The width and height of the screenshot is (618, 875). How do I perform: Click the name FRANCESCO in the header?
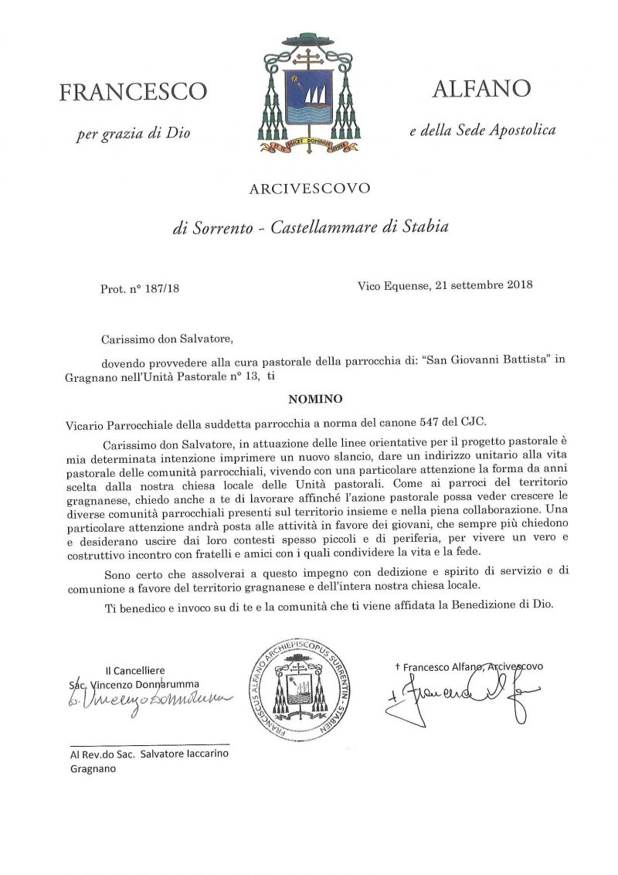133,92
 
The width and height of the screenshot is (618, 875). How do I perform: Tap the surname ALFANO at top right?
481,89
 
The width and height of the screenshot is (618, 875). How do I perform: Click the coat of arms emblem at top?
308,93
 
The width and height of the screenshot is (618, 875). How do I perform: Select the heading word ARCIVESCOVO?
309,188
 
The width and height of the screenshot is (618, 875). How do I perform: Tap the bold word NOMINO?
310,400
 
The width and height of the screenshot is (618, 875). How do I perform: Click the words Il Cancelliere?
135,671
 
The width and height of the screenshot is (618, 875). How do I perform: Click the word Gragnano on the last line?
87,769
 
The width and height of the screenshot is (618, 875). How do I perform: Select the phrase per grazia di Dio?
133,134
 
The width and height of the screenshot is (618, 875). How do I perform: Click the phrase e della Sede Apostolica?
483,131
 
